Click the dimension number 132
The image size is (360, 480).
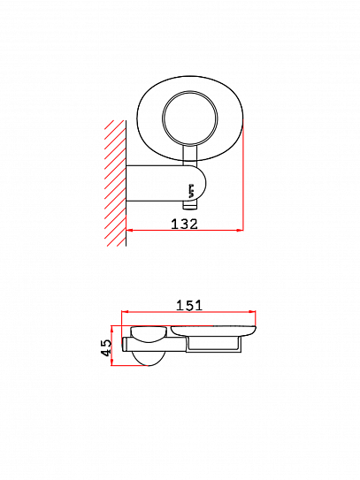[184, 224]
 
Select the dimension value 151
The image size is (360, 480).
[189, 305]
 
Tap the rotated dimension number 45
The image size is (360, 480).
[106, 347]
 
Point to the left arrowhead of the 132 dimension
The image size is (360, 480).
[129, 230]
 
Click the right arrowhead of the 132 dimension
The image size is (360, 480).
[240, 230]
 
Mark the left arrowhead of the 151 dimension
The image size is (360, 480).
[125, 312]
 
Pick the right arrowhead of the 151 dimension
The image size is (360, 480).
[252, 312]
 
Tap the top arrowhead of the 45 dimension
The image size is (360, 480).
[112, 329]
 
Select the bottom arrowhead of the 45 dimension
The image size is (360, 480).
[112, 362]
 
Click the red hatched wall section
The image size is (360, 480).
[116, 183]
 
